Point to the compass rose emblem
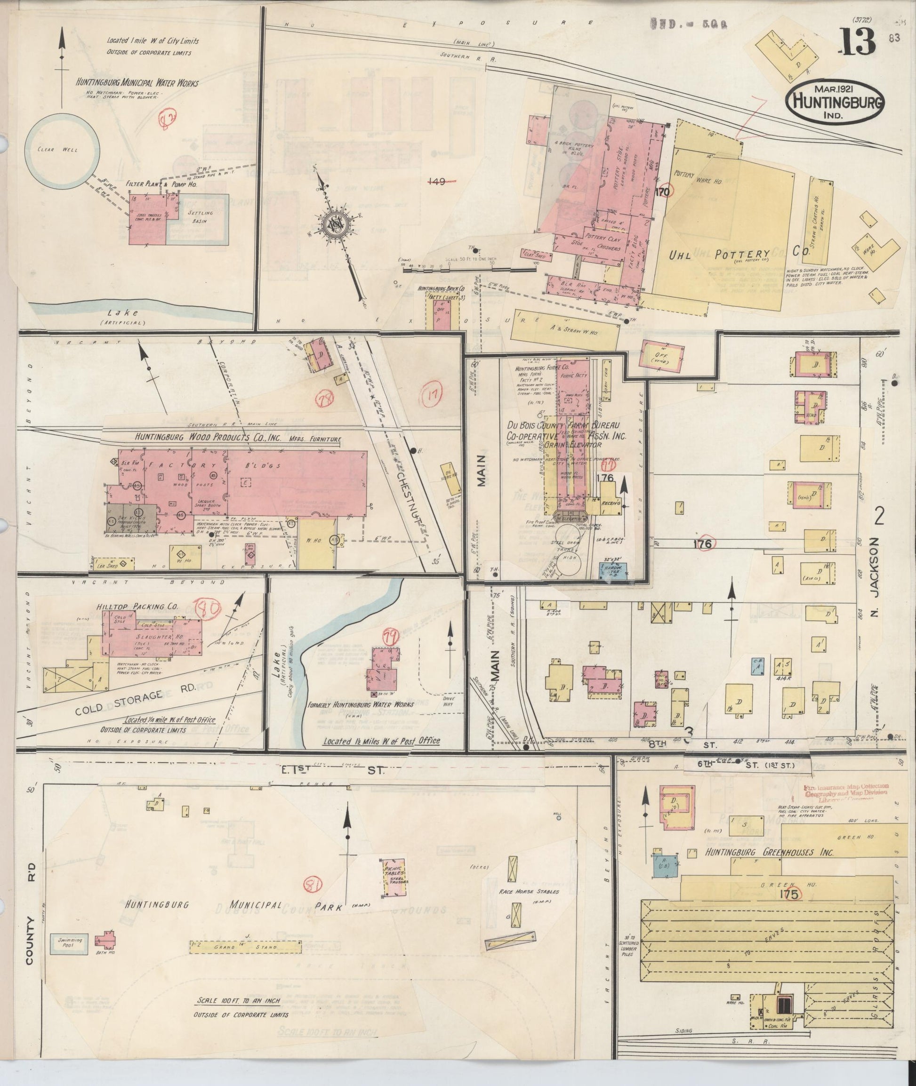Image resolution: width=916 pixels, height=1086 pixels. pos(332,224)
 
